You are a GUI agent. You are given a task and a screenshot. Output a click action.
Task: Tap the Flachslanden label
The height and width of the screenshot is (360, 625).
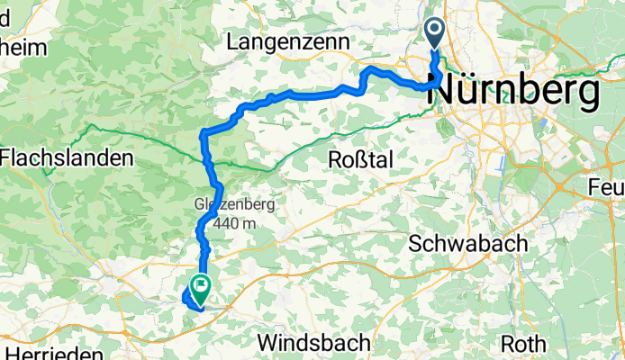pos(67,158)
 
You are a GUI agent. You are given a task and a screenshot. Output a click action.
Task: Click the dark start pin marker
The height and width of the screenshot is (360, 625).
pos(434,34)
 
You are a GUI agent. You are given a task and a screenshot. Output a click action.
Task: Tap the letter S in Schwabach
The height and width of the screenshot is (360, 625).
pos(416,244)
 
